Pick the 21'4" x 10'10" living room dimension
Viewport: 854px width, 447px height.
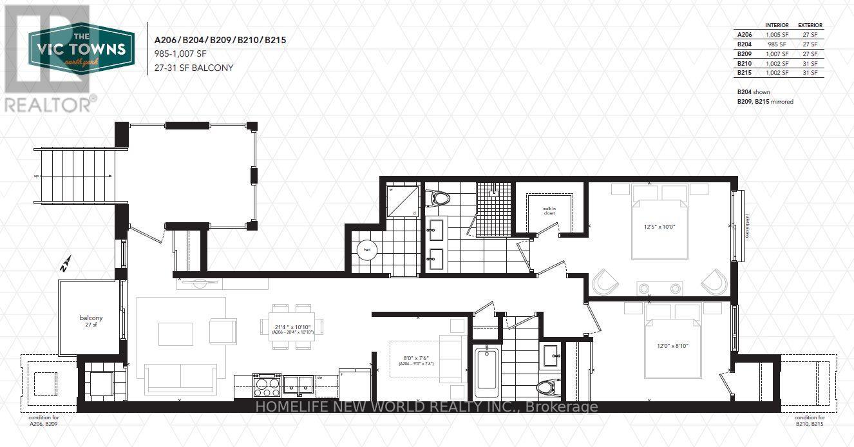point(292,329)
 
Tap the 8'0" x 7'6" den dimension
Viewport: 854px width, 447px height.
point(416,360)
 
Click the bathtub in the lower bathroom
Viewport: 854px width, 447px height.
point(486,373)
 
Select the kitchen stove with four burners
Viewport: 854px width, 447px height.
point(268,386)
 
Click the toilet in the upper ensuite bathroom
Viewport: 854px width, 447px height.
point(441,197)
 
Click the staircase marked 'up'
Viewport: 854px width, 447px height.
point(75,176)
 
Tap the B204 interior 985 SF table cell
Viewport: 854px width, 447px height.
point(773,44)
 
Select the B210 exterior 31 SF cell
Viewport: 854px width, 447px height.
point(810,63)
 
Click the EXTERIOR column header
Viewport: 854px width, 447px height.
point(810,25)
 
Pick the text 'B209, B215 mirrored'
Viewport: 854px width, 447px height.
point(765,102)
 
